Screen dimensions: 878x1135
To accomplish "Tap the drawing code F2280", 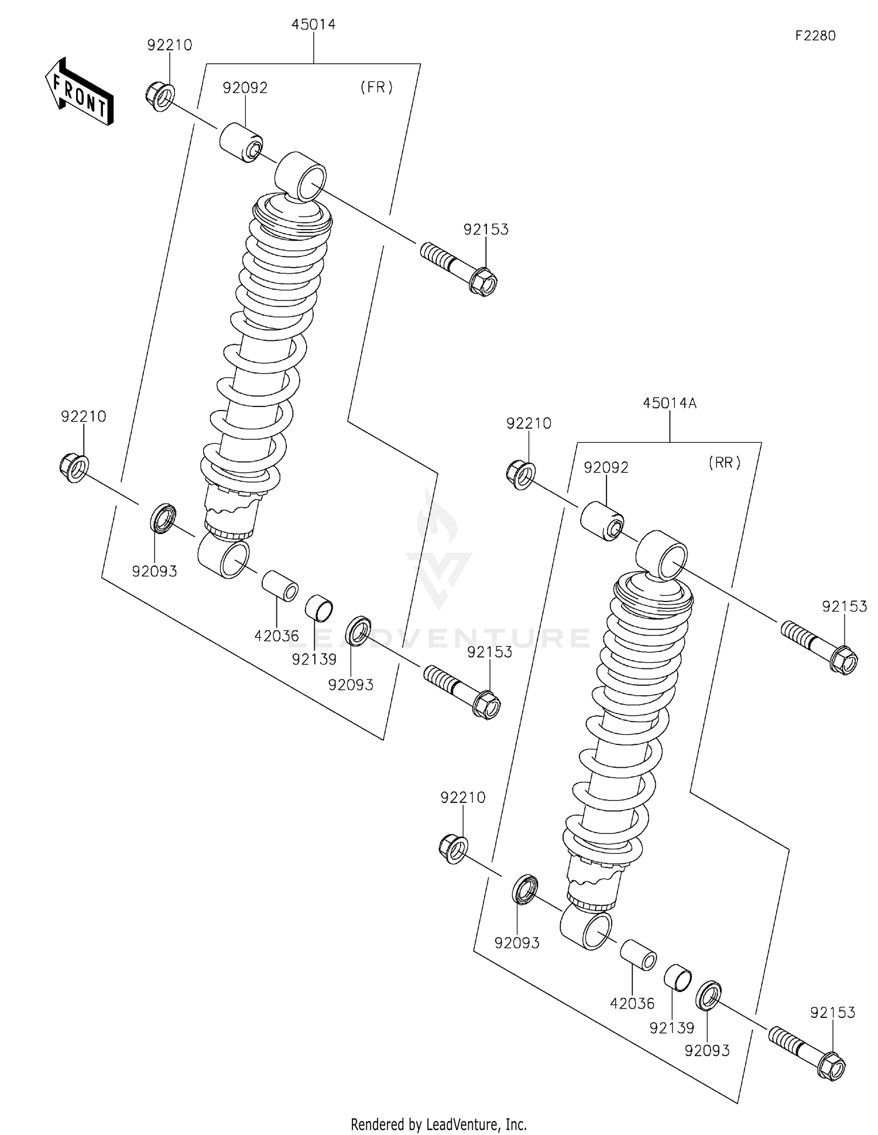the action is point(815,36).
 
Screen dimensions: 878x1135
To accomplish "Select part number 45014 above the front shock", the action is point(313,25).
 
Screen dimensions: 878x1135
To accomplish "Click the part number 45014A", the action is point(669,403).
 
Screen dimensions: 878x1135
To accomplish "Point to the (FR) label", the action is point(376,88).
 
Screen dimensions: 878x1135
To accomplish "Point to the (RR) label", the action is point(725,463).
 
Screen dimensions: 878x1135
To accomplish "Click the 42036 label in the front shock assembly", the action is point(276,635).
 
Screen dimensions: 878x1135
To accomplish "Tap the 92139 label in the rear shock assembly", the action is point(671,1028).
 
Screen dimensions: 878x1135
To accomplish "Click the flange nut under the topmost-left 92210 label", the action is point(159,97).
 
